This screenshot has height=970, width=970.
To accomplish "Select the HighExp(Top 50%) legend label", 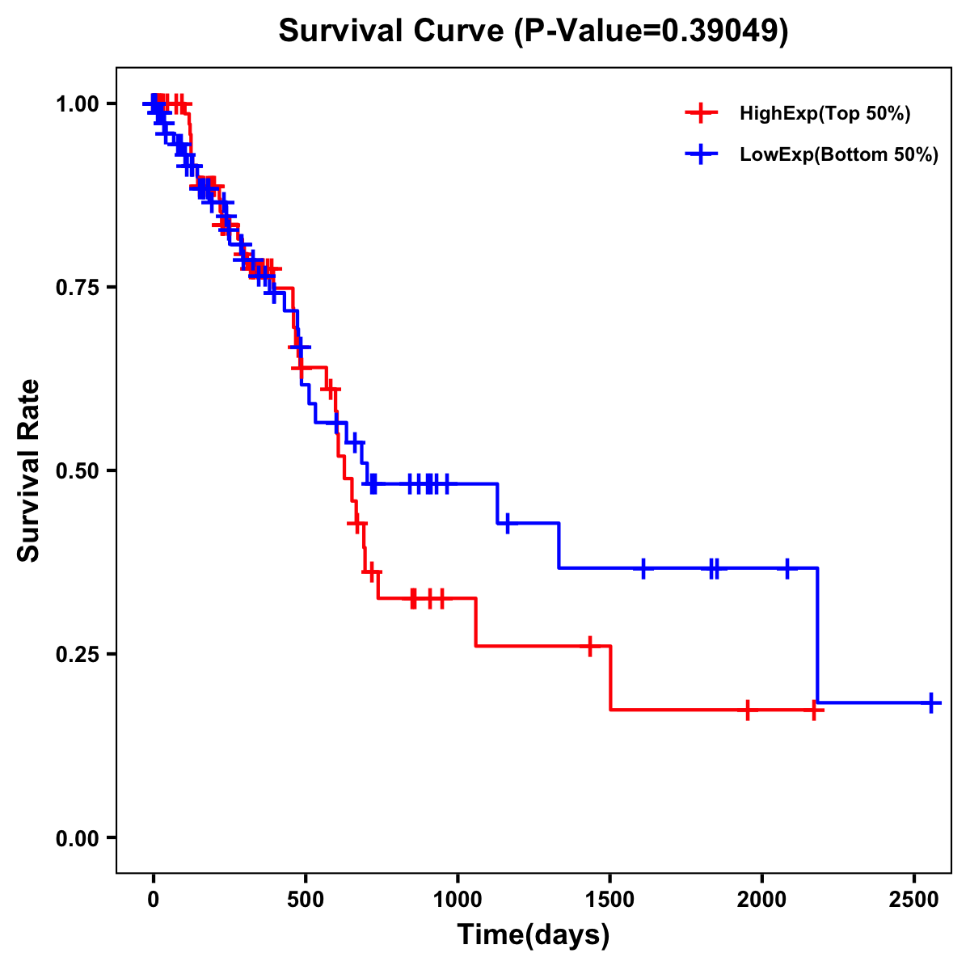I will (824, 114).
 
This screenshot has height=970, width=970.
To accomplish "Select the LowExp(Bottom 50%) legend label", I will (839, 155).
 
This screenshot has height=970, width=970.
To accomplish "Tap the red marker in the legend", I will (701, 113).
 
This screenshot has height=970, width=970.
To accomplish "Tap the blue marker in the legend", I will (701, 154).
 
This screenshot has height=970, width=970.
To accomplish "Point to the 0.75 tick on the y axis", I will (112, 287).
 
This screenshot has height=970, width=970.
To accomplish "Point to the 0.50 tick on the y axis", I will (112, 470).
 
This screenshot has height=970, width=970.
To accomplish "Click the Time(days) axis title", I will (533, 935).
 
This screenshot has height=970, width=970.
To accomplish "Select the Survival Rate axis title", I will (30, 470).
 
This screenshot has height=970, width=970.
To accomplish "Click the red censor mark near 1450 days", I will (590, 646).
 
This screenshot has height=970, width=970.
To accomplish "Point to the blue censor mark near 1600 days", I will (643, 568).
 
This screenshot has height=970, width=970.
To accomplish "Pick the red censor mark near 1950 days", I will (748, 710).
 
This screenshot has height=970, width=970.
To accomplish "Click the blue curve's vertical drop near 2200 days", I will (817, 635).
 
